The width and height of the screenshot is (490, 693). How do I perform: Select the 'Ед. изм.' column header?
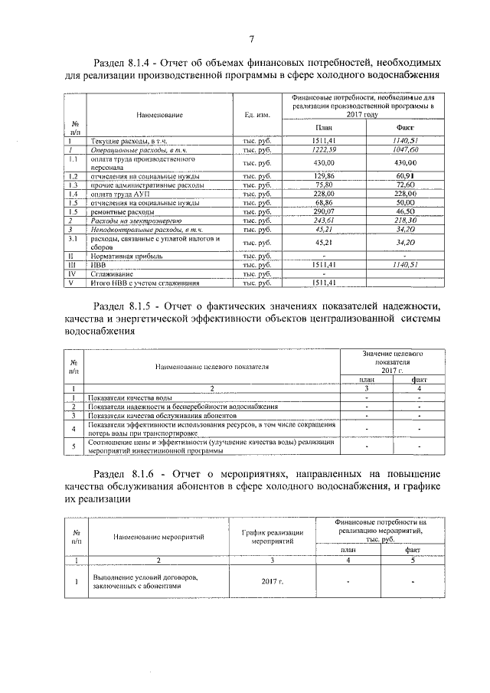256,115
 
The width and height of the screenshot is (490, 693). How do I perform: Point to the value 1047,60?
404,151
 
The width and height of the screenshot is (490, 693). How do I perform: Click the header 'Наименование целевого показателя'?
211,366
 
